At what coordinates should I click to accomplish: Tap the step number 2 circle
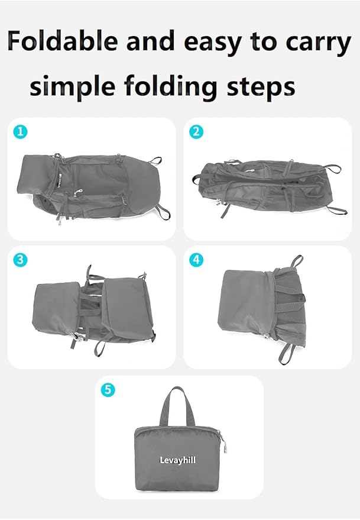coord(196,133)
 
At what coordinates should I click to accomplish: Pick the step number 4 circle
coord(196,260)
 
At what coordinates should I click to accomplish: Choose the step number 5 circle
coord(108,390)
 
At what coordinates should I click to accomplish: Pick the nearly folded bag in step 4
coord(263,311)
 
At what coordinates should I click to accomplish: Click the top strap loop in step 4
coord(296,261)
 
